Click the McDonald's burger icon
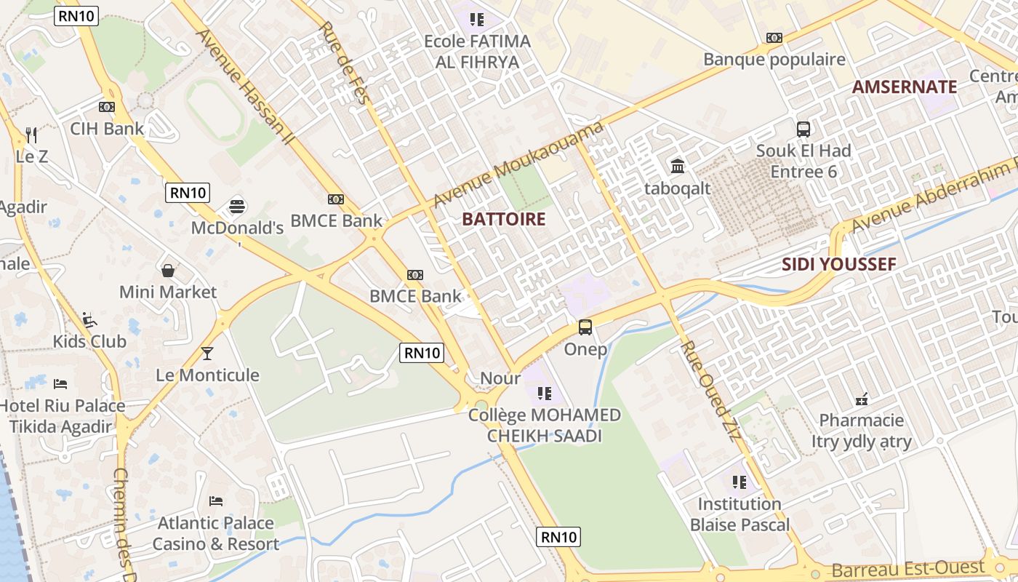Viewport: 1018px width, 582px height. pos(237,206)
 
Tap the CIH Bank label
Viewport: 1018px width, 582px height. pos(107,129)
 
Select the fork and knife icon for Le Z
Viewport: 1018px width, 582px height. pos(31,135)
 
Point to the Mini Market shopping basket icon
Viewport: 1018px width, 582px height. pos(168,271)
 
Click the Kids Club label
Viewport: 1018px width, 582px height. pos(89,341)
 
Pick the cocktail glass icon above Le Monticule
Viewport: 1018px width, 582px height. pos(207,354)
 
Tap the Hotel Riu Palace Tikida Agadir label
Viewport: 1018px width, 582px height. pos(63,416)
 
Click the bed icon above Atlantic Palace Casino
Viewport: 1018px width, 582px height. pos(216,501)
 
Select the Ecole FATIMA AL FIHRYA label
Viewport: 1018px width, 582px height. pos(478,52)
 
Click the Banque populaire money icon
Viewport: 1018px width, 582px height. pos(774,38)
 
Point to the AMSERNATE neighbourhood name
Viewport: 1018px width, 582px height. pos(905,87)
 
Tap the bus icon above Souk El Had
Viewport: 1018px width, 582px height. pos(803,129)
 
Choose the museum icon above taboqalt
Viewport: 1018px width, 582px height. pos(678,167)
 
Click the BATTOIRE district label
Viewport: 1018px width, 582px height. pos(504,219)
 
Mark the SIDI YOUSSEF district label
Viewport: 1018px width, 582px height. pos(839,264)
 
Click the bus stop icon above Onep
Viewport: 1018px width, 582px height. pos(585,327)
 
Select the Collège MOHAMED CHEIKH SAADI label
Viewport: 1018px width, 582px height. pos(545,426)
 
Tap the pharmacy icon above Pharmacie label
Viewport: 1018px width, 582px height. pos(862,399)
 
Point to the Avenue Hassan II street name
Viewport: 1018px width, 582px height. pos(243,86)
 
